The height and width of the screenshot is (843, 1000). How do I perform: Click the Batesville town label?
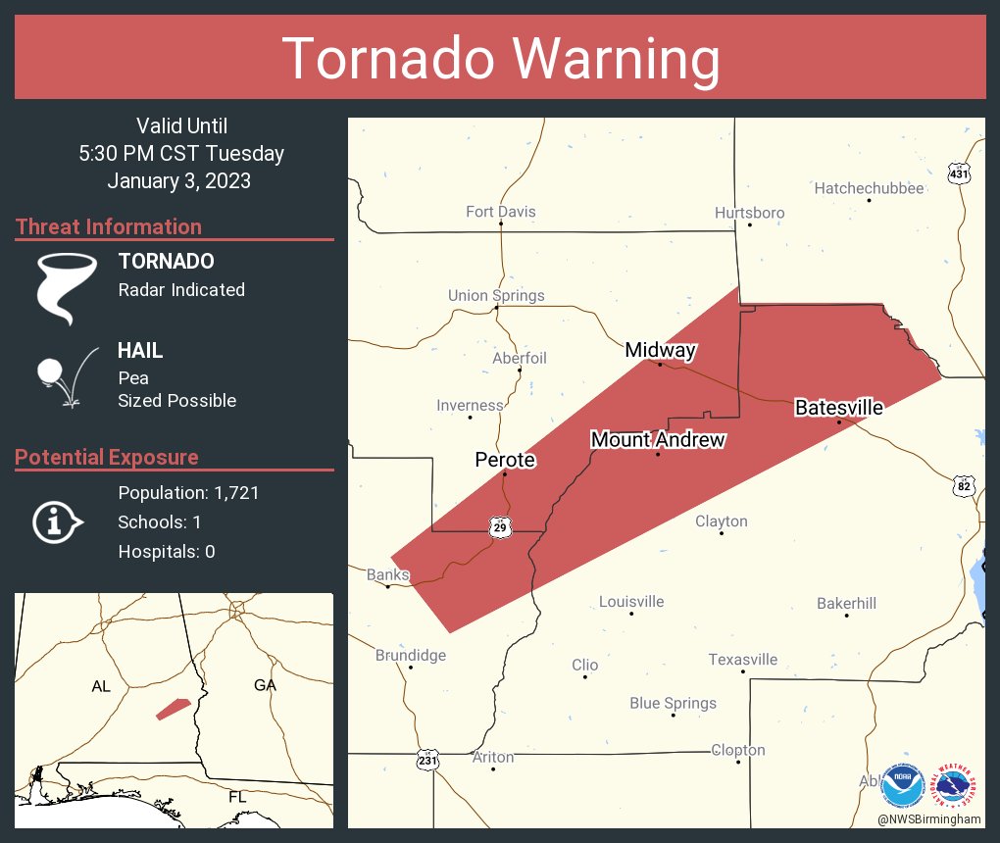click(838, 408)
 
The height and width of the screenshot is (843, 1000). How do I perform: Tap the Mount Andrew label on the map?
click(658, 440)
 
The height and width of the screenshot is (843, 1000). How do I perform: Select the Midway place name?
click(661, 350)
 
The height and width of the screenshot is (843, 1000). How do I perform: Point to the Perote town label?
click(505, 460)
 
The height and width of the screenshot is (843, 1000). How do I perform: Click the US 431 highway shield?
click(960, 174)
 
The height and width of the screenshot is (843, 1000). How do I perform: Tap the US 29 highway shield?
click(500, 528)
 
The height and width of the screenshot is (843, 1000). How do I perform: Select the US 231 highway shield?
click(427, 760)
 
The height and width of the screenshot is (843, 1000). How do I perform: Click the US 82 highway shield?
click(965, 485)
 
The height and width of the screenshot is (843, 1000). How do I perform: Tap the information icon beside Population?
click(57, 521)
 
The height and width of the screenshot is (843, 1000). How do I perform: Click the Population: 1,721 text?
click(188, 493)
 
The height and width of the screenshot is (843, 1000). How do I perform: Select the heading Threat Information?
click(109, 226)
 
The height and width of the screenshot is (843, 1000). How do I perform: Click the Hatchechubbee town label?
click(869, 188)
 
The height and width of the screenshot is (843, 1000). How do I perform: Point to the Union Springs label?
click(496, 295)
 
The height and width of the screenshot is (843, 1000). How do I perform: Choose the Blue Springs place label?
click(673, 703)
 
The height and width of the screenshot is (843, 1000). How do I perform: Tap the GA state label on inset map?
click(265, 685)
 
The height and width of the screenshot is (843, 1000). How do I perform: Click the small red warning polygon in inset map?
click(173, 709)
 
